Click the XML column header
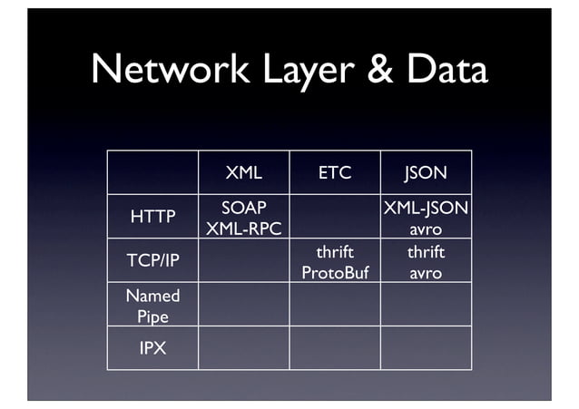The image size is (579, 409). [x=243, y=172]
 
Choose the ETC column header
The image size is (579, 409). [x=334, y=172]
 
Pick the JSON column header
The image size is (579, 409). [x=426, y=172]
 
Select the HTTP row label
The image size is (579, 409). [x=152, y=217]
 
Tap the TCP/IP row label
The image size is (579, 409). [x=152, y=261]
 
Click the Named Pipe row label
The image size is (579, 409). [x=152, y=306]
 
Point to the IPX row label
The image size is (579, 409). [x=152, y=348]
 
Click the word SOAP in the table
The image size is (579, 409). [x=243, y=208]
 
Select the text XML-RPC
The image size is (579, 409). [x=243, y=229]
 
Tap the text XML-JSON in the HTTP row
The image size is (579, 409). [x=426, y=208]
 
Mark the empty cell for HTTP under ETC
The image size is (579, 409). [x=334, y=217]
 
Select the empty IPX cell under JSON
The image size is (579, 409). [x=426, y=348]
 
